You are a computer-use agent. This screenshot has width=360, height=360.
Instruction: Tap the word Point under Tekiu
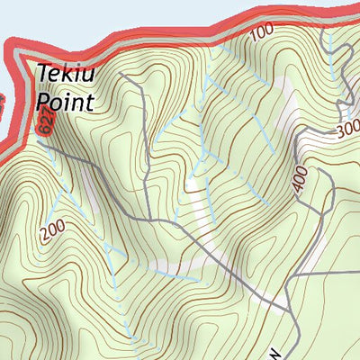[65, 102]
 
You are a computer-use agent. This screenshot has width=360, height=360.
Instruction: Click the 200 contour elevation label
[52, 230]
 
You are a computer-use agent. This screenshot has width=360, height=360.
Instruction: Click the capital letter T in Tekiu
[44, 76]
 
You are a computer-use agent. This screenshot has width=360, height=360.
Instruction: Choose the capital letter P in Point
[43, 102]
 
